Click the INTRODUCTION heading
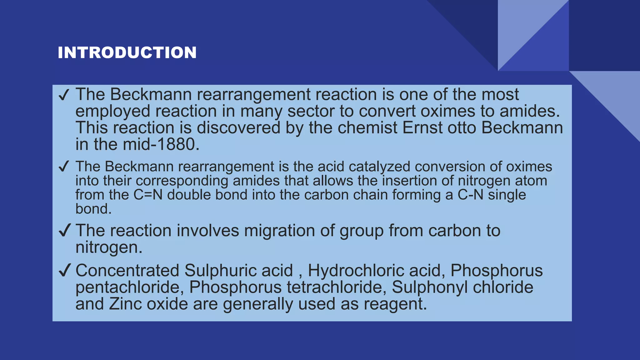point(127,52)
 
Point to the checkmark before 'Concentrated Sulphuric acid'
point(64,270)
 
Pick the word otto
point(462,128)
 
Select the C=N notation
point(148,195)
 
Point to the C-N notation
point(470,195)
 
